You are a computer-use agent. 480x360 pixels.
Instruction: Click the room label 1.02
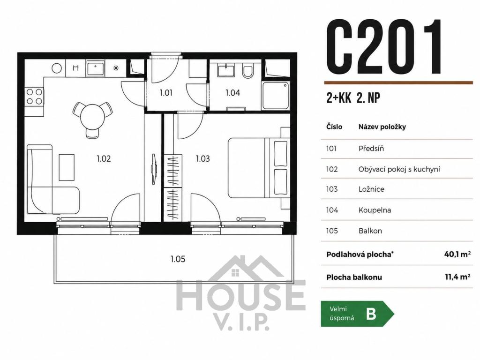click(x=104, y=158)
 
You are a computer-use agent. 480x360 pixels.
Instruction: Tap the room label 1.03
click(x=202, y=158)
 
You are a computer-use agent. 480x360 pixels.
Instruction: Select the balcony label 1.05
click(x=178, y=259)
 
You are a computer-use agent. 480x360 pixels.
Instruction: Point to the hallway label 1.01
click(x=166, y=92)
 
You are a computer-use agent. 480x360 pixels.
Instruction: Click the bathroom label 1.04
click(x=232, y=92)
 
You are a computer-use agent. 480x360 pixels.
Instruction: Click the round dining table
click(x=92, y=116)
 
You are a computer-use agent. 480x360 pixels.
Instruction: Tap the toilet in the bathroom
click(x=247, y=71)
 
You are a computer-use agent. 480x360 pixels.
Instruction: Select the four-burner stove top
click(x=34, y=96)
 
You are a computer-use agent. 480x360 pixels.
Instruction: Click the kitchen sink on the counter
click(x=96, y=68)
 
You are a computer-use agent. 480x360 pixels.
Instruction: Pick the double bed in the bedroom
click(x=259, y=167)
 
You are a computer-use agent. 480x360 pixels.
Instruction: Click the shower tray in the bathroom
click(x=276, y=96)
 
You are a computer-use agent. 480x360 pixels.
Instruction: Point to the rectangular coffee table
click(x=67, y=167)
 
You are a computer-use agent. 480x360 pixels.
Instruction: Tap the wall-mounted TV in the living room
click(x=154, y=169)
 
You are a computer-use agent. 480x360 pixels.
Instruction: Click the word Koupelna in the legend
click(x=375, y=210)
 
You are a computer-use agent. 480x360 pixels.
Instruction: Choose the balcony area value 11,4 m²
click(x=457, y=277)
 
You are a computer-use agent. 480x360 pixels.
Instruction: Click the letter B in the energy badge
click(x=371, y=314)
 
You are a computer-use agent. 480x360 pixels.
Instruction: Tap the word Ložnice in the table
click(x=371, y=189)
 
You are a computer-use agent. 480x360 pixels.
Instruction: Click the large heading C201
click(x=384, y=47)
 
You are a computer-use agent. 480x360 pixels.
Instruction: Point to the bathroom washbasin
click(x=226, y=70)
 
